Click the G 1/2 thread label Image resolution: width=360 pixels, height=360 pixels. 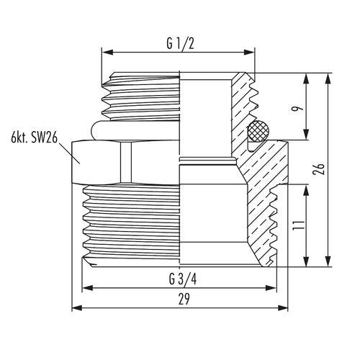tap(180, 44)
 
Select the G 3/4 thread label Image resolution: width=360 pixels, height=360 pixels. tap(183, 279)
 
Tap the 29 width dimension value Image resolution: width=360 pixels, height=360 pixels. tap(184, 299)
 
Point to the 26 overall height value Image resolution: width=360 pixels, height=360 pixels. tap(320, 169)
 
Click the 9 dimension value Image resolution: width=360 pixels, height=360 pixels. tap(297, 109)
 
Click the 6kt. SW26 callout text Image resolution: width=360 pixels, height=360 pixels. tap(35, 138)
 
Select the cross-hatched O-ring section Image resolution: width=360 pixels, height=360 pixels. tap(258, 131)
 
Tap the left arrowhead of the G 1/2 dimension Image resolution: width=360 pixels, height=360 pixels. tap(107, 52)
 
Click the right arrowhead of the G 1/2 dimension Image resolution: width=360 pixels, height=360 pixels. tap(249, 52)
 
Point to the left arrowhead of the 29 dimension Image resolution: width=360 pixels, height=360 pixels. tap(77, 308)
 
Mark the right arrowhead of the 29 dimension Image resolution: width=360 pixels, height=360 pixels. tap(282, 308)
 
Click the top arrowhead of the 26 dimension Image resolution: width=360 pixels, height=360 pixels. tap(328, 78)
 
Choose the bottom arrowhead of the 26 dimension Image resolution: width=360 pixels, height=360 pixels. tap(328, 261)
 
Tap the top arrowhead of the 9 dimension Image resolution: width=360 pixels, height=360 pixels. tap(306, 78)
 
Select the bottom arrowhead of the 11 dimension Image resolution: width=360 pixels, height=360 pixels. tap(306, 261)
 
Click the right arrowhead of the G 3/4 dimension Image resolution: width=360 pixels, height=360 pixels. tap(271, 288)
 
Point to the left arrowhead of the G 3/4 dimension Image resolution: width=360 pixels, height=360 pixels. tap(88, 288)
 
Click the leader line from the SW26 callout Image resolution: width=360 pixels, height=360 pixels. tap(69, 153)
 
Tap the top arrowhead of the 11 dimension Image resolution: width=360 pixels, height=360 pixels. tap(306, 190)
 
